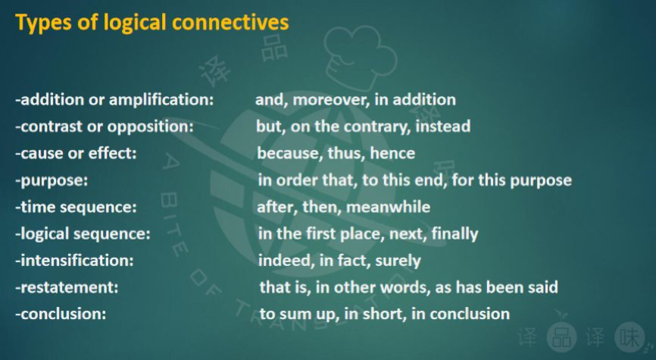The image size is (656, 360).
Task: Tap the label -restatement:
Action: pyautogui.click(x=67, y=287)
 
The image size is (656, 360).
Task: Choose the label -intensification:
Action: pyautogui.click(x=75, y=261)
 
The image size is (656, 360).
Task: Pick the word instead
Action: pyautogui.click(x=444, y=126)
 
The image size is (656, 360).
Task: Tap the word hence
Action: pyautogui.click(x=392, y=153)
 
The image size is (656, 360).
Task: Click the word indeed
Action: pyautogui.click(x=283, y=261)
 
